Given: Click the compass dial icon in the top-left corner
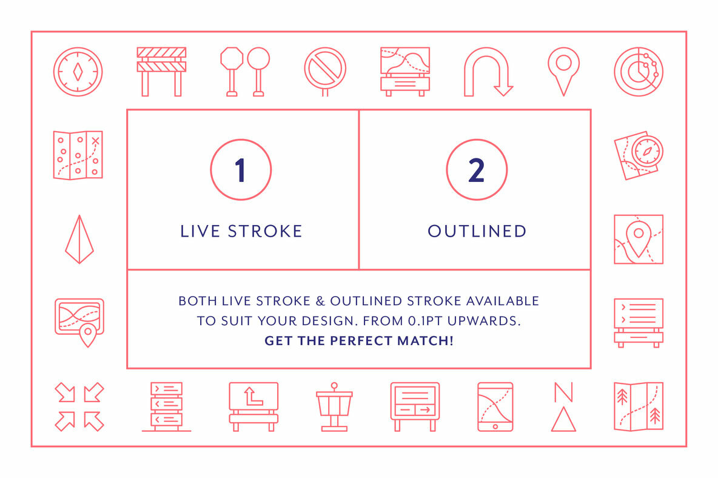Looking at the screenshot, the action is pyautogui.click(x=78, y=72).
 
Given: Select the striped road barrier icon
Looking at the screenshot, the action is pyautogui.click(x=162, y=72).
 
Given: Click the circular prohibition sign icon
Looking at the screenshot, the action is pyautogui.click(x=325, y=69).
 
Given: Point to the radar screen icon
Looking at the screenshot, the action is pyautogui.click(x=639, y=72).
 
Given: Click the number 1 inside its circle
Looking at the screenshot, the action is pyautogui.click(x=240, y=170).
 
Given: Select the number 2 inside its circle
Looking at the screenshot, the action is pyautogui.click(x=476, y=170).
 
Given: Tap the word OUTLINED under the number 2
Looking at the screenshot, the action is pyautogui.click(x=477, y=231).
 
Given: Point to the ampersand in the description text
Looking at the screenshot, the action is pyautogui.click(x=321, y=301).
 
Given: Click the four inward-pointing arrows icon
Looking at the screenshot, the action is pyautogui.click(x=79, y=406).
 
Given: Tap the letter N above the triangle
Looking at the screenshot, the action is pyautogui.click(x=563, y=392).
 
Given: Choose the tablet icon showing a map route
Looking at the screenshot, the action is pyautogui.click(x=495, y=406).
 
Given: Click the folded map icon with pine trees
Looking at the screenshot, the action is pyautogui.click(x=639, y=406).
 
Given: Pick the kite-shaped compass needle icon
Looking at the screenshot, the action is pyautogui.click(x=79, y=240).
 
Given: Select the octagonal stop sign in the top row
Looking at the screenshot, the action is pyautogui.click(x=232, y=59).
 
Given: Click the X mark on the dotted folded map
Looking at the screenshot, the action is pyautogui.click(x=95, y=141).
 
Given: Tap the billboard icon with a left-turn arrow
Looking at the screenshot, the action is pyautogui.click(x=253, y=406).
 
